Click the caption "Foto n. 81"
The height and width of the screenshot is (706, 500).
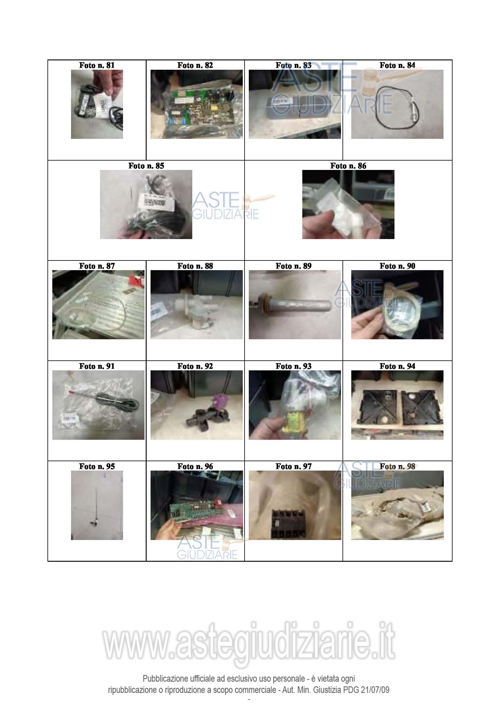[97, 65]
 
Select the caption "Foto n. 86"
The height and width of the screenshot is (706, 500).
[348, 166]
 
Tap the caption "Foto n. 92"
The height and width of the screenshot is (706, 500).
[195, 366]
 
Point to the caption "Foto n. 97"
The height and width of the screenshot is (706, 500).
[294, 466]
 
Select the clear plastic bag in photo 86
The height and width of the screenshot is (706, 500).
[342, 209]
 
